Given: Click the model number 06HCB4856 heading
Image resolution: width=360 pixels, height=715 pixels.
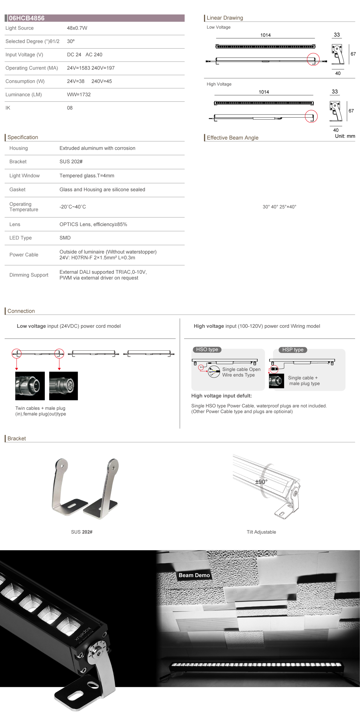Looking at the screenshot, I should point(26,18).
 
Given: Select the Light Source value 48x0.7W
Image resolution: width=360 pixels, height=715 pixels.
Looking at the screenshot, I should point(77,28).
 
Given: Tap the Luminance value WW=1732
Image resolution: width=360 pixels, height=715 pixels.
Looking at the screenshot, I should point(79,95).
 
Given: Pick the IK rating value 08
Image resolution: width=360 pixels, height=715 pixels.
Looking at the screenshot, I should point(70,108).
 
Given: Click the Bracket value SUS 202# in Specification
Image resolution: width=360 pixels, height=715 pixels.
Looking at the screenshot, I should point(71,161).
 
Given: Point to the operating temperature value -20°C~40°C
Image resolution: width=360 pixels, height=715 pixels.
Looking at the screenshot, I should point(73,207).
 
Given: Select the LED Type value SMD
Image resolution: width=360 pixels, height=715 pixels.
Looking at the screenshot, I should point(65,238).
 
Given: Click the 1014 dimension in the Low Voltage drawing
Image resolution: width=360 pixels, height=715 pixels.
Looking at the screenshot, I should point(265,35).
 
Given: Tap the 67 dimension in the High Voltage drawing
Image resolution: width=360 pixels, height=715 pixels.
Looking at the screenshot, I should point(351,111).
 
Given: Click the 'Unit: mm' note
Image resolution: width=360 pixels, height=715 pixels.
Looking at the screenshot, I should point(345,136).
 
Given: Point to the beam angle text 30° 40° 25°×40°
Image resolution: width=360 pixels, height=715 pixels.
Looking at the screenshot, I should point(279,207).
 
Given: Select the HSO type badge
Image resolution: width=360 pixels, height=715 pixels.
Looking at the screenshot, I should point(207,349).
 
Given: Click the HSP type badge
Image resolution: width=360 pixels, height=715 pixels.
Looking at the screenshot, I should point(293,350).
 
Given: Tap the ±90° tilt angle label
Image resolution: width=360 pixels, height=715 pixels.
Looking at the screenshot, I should point(261,482).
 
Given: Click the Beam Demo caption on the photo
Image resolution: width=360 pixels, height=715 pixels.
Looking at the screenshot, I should point(194,575).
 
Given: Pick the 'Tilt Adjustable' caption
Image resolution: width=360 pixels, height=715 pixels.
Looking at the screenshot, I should point(261,532).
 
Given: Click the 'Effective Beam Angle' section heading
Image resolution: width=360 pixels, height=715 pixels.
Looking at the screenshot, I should point(232,138).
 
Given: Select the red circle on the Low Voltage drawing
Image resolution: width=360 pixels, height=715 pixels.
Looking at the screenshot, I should point(313,59).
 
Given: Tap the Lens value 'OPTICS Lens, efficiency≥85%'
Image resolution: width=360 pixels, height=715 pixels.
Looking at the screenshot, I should point(93,224).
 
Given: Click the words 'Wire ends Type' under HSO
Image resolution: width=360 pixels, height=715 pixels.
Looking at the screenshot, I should point(238,375).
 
